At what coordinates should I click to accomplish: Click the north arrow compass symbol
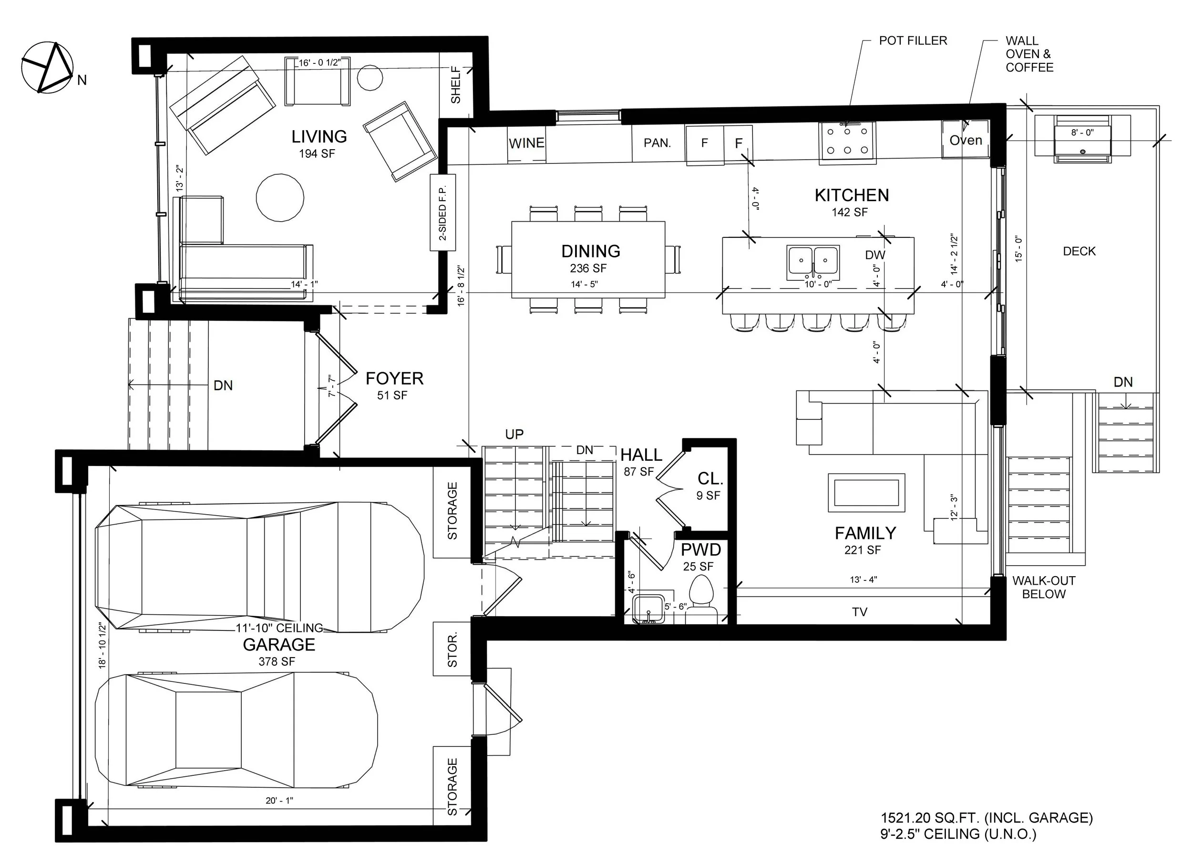click(47, 68)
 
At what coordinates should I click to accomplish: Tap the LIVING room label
click(319, 137)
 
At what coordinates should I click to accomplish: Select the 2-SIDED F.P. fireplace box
click(442, 213)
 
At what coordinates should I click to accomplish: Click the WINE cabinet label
click(526, 143)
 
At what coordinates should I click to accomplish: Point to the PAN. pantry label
click(658, 143)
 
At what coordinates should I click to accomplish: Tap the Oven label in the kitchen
click(966, 140)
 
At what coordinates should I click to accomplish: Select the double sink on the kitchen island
click(813, 261)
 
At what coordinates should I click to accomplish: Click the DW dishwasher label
click(875, 255)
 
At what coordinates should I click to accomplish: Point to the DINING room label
click(591, 251)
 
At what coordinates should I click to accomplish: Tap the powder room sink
click(648, 609)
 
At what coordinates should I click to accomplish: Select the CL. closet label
click(710, 478)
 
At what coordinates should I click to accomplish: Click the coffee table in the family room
click(866, 493)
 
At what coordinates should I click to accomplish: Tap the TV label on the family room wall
click(859, 612)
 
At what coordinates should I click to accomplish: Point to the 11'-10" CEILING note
click(279, 628)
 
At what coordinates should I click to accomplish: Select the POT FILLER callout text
click(913, 41)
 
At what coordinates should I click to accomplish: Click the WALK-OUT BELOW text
click(1044, 587)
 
